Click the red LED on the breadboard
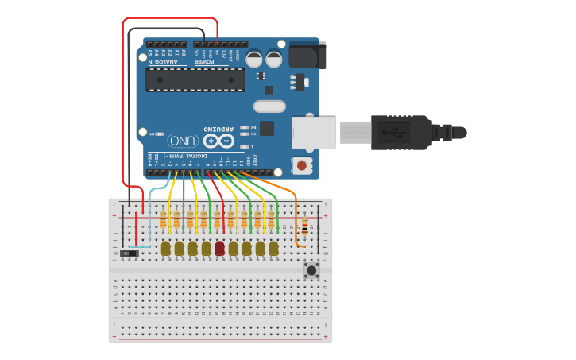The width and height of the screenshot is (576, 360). (x=219, y=248)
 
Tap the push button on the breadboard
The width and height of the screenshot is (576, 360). (x=311, y=270)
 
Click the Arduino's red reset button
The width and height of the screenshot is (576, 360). (x=301, y=165)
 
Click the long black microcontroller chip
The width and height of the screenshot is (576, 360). (x=195, y=79)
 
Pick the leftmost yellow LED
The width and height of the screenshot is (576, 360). (x=165, y=249)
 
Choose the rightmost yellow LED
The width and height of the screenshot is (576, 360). (x=273, y=249)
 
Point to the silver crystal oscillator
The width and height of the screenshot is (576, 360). (x=269, y=106)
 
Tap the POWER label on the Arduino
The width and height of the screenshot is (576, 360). (x=205, y=60)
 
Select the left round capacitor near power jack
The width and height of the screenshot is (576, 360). (x=253, y=59)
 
